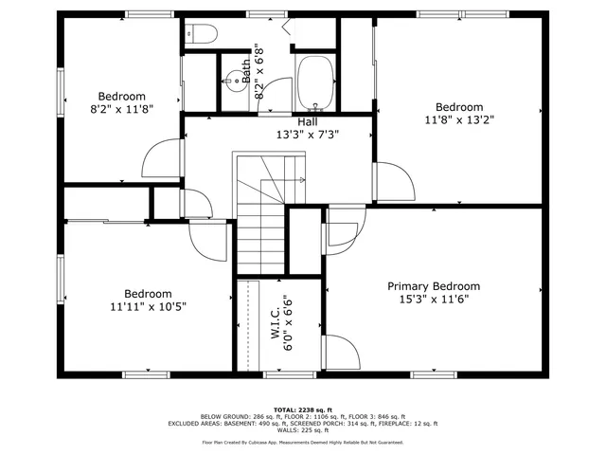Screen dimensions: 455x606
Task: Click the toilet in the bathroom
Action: point(203,34)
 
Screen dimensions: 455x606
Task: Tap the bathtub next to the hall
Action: point(314,83)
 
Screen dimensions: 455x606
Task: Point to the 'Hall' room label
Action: point(308,121)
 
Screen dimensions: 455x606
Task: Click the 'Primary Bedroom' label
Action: point(434,286)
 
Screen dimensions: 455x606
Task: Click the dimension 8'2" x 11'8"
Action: point(122,109)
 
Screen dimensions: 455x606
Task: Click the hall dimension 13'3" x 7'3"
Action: point(308,135)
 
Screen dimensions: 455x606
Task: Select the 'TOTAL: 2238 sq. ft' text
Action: point(303,409)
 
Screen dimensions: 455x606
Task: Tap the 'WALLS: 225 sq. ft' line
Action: point(303,430)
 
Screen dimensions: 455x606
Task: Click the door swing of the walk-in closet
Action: point(343,356)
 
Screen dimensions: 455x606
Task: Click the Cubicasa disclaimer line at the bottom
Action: point(303,442)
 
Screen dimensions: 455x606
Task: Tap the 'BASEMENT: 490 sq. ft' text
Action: point(279,424)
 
